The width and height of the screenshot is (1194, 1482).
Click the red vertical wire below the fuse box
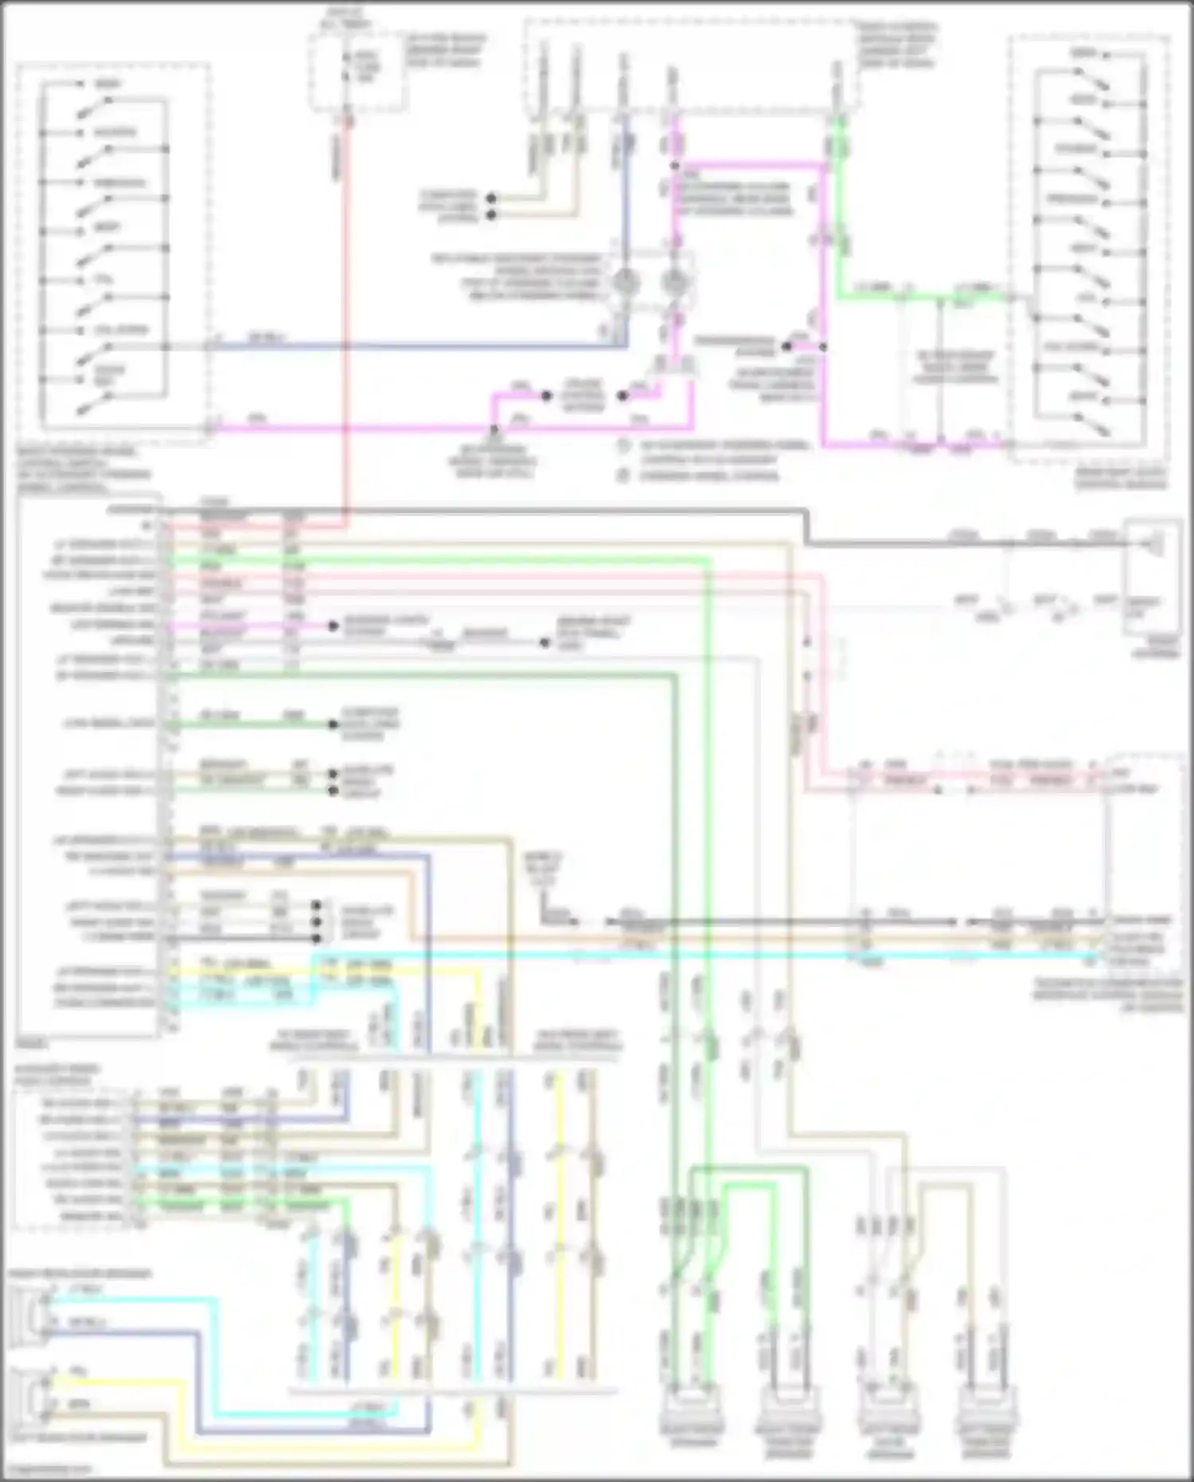pos(348,319)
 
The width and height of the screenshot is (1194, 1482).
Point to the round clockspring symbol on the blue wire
pos(626,283)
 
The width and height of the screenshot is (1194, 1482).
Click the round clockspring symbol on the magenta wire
pos(674,283)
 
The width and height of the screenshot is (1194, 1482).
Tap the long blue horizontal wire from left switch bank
pos(414,346)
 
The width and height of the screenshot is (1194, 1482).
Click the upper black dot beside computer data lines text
pos(491,198)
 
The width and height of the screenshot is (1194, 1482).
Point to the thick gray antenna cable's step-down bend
pos(806,528)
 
